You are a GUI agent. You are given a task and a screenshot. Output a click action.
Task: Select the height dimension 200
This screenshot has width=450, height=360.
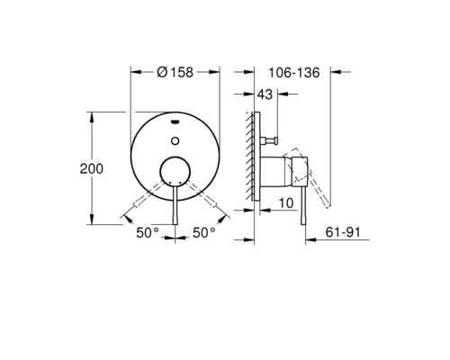point(105,168)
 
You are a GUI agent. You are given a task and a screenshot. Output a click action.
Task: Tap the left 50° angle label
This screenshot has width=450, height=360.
point(148,232)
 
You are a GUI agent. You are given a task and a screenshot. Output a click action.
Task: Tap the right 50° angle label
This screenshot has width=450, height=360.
point(204,232)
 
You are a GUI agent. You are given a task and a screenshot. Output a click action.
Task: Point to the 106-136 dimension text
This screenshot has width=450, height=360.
point(294,73)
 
